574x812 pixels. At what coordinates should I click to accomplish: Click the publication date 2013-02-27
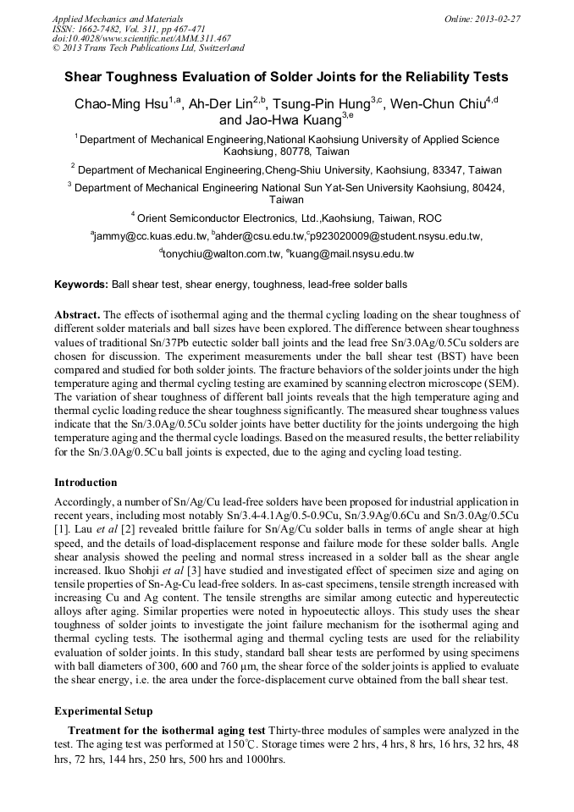497,18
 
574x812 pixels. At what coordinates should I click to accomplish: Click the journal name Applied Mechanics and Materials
118,18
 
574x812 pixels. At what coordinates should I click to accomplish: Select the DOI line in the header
141,38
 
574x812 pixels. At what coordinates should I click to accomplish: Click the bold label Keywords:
81,285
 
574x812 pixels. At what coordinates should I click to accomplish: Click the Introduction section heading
86,483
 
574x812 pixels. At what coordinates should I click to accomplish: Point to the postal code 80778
299,152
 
